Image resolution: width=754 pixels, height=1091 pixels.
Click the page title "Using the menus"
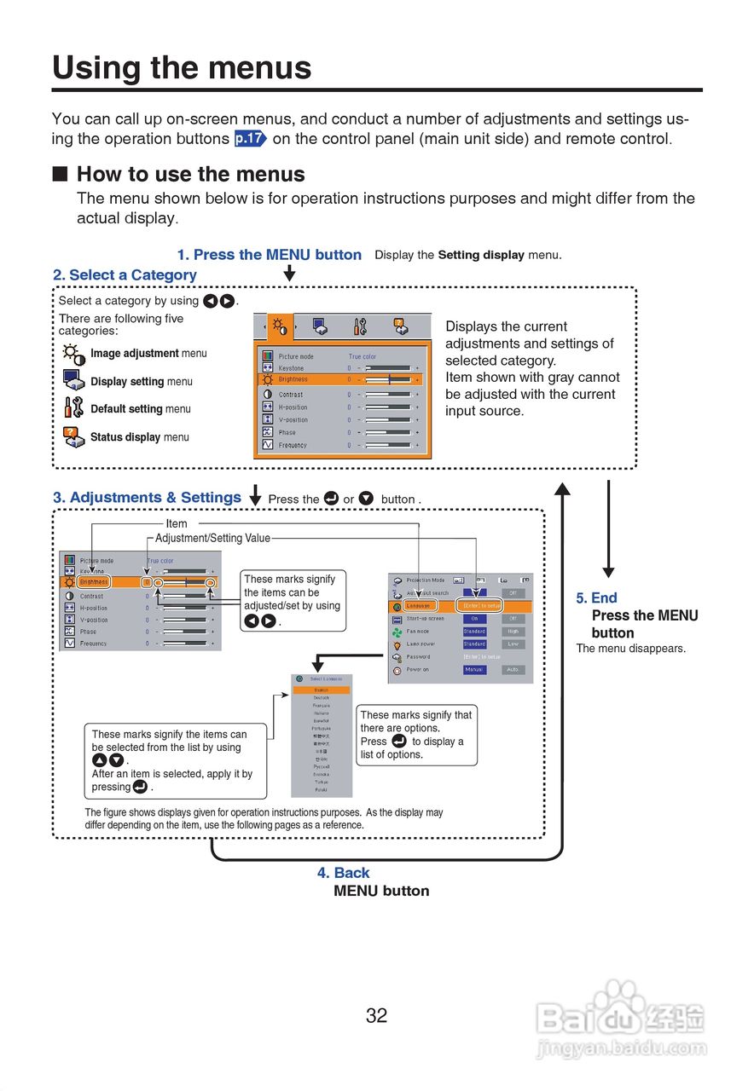click(182, 68)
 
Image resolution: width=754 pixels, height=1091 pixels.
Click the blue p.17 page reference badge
click(251, 139)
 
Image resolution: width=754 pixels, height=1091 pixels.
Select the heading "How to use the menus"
click(190, 175)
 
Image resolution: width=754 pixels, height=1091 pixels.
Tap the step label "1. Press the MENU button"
click(270, 255)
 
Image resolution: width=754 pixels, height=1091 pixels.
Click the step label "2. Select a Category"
click(125, 275)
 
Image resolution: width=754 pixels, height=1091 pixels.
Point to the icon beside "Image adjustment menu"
click(73, 354)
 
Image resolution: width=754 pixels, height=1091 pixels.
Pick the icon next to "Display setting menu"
click(73, 381)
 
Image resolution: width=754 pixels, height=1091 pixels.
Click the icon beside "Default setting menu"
click(73, 408)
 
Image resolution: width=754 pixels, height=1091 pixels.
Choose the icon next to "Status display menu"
click(73, 436)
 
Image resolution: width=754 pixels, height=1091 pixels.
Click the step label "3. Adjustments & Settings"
click(147, 498)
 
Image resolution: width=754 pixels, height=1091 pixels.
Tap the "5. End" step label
click(596, 598)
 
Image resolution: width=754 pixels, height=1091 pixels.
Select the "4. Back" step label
click(343, 873)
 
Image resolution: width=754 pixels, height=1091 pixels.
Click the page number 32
click(376, 1015)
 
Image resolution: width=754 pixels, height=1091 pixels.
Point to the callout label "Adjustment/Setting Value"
click(212, 539)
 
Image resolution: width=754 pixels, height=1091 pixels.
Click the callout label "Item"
click(177, 524)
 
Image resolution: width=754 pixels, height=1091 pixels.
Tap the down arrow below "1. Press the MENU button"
click(289, 273)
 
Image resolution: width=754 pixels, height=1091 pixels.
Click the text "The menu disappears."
click(630, 649)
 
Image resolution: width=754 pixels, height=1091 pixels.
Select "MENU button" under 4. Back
click(381, 891)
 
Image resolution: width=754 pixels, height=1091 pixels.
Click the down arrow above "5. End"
click(608, 528)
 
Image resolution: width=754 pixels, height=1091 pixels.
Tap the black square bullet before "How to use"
click(60, 175)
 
